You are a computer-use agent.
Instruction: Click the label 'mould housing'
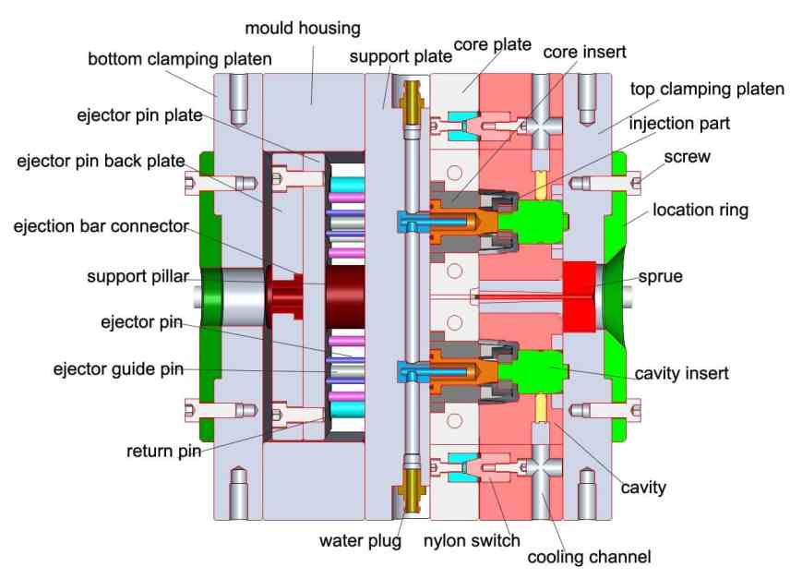302,29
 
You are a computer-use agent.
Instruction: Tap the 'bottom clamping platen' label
180,59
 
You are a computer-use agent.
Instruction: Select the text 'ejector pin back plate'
101,162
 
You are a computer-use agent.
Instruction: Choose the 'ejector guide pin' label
118,369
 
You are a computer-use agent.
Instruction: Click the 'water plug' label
360,540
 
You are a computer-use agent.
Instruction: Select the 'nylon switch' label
472,540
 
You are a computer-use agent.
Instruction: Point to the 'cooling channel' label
589,557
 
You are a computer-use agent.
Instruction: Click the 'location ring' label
700,210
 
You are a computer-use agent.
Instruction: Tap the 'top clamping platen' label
707,90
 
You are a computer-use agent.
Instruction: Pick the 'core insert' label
584,52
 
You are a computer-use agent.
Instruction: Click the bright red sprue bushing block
579,295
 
